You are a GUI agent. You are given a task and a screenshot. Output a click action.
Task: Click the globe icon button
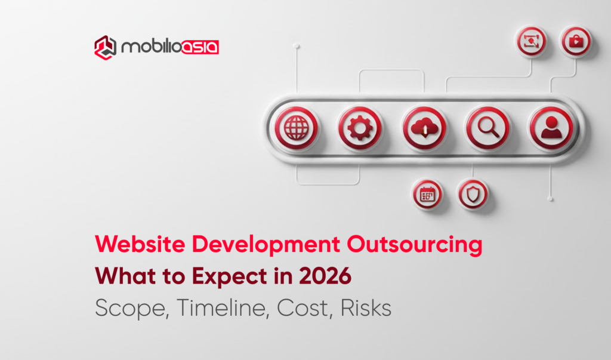coord(297,128)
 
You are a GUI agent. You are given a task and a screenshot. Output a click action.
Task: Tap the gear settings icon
coord(360,128)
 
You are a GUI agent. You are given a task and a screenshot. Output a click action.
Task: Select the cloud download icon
coord(424,128)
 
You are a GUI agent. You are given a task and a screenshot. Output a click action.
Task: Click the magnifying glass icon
coord(488,128)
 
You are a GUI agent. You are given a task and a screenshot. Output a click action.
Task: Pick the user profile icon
coord(551,128)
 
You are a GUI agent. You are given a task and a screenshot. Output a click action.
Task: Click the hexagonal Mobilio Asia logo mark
coord(105,47)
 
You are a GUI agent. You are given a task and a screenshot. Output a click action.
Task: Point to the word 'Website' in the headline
coord(132,245)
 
